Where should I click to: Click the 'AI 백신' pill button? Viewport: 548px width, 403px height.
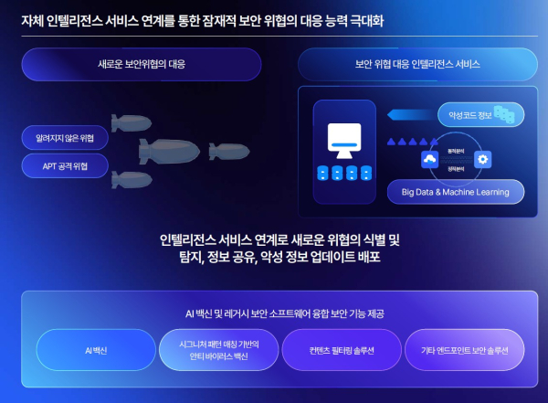(x=96, y=350)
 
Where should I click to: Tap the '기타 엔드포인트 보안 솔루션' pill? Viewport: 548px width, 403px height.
(x=463, y=350)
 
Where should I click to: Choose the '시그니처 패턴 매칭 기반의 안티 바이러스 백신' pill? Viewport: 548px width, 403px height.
(x=219, y=350)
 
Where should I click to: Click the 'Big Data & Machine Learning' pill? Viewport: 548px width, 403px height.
(x=456, y=192)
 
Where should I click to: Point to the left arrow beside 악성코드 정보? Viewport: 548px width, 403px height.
(x=406, y=115)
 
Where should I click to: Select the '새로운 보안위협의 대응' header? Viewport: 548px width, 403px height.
(x=142, y=65)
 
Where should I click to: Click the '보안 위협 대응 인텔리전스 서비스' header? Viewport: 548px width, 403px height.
(x=417, y=65)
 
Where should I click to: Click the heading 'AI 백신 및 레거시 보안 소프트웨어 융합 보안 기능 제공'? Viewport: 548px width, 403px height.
(x=279, y=313)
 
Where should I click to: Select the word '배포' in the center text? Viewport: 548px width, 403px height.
(x=367, y=258)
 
